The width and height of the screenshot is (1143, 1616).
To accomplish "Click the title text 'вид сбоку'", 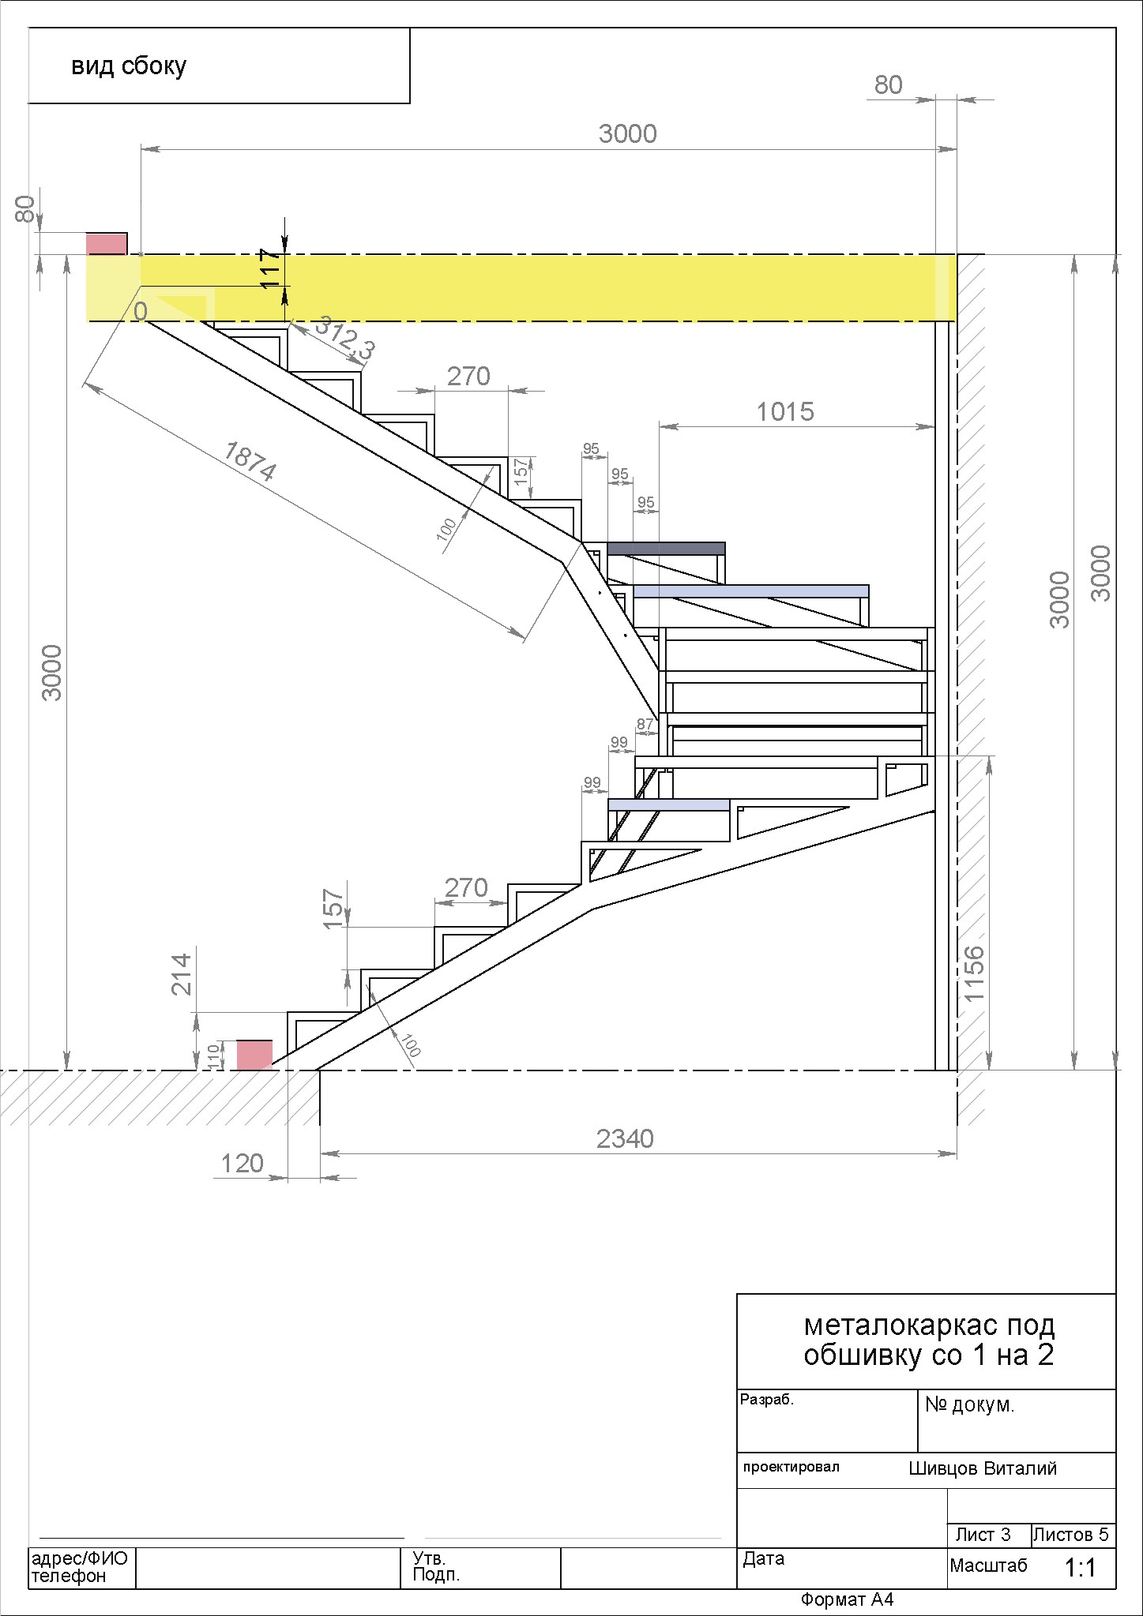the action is coord(129,66).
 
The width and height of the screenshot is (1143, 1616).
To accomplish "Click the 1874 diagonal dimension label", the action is coord(250,461).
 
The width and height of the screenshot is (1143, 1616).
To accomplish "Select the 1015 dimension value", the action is coord(785,411).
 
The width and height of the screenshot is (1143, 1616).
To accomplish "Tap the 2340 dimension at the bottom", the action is coord(625,1138).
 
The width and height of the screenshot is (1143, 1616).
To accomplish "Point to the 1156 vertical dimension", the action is coord(975,973).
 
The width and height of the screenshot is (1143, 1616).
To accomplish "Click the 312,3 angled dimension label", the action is coord(345,338).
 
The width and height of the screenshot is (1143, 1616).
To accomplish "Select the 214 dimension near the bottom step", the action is coord(182,974).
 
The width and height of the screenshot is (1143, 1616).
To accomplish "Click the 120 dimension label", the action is coord(242,1163).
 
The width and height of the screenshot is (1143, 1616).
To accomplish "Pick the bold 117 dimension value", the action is coord(270,268).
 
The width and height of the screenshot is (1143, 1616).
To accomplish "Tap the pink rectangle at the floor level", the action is coord(255,1055).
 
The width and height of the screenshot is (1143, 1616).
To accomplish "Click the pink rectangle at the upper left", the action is coord(106,244).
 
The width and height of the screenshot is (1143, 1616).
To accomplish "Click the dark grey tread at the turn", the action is coord(666,548).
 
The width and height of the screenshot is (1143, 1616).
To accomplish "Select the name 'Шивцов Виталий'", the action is coord(983,1468).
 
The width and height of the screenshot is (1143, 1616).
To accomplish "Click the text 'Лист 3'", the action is coord(983,1535).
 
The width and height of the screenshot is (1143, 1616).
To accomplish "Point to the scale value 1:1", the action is coord(1081,1567).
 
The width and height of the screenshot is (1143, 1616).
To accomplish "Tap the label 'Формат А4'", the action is coord(847,1599).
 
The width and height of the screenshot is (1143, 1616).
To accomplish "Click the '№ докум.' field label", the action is coord(969,1404).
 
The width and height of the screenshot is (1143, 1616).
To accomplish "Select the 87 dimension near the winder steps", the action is coord(645,724).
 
